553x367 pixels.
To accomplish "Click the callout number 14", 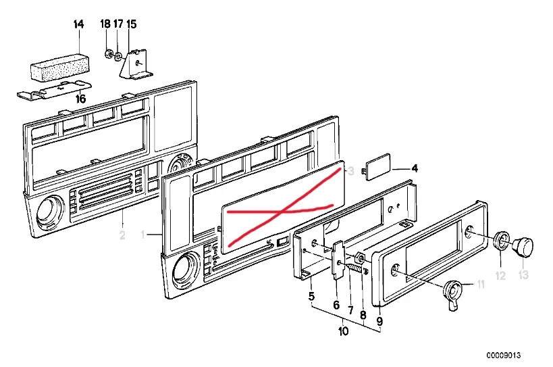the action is coord(78,24).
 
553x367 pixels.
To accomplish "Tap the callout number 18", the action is coord(105,24).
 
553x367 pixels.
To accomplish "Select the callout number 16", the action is coord(81,99).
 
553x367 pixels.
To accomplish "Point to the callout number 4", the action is coord(415,168).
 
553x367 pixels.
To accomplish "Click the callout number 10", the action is coord(343,331).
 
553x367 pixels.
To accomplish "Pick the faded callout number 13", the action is coord(523,274).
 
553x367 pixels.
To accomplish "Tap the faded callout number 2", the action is coord(122,235).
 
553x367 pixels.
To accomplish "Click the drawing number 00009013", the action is coord(503,355).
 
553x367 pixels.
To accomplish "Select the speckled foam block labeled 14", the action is coord(59,67).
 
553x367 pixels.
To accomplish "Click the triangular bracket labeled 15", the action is coord(136,64).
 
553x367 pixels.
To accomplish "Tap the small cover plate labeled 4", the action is coord(377,166).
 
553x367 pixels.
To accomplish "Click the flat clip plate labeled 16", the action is coord(55,90).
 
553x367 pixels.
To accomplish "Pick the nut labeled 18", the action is coord(108,54).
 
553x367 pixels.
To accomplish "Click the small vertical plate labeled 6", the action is coord(338,260).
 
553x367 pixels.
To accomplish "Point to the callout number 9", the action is coord(379,322).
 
